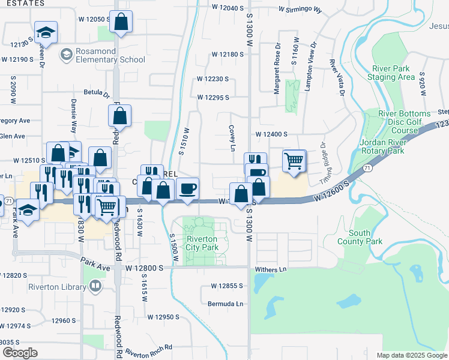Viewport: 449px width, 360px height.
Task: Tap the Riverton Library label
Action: pyautogui.click(x=57, y=286)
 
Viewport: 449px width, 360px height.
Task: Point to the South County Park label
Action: pyautogui.click(x=365, y=237)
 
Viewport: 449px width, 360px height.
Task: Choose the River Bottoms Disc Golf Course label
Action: pyautogui.click(x=404, y=122)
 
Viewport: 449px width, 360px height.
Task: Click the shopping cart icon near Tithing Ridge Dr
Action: pyautogui.click(x=294, y=160)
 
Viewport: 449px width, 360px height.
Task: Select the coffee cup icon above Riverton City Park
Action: pyautogui.click(x=188, y=189)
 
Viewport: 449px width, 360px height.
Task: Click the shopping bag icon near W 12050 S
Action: pyautogui.click(x=121, y=22)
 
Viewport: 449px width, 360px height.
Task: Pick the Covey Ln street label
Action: pyautogui.click(x=231, y=139)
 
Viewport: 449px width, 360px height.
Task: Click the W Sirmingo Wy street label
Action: pyautogui.click(x=300, y=10)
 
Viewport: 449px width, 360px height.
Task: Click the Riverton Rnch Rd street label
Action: pyautogui.click(x=149, y=347)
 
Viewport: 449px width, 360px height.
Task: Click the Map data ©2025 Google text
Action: pyautogui.click(x=411, y=355)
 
